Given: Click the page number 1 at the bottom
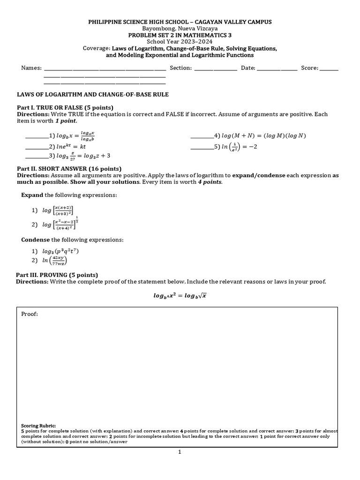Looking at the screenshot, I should click(180, 452).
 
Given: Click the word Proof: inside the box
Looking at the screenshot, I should click(30, 314).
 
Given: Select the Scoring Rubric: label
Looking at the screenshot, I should click(38, 426).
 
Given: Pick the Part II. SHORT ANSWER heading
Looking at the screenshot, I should click(69, 169).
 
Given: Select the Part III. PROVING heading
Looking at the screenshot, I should click(57, 275).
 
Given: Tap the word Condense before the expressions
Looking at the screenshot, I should click(36, 240).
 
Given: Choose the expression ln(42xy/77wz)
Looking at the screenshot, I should click(55, 260).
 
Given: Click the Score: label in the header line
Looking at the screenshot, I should click(309, 68).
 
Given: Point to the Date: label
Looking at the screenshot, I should click(248, 68).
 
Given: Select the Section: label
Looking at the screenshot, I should click(180, 68).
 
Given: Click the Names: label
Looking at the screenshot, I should click(31, 68).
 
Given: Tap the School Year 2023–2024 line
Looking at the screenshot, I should click(180, 42).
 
